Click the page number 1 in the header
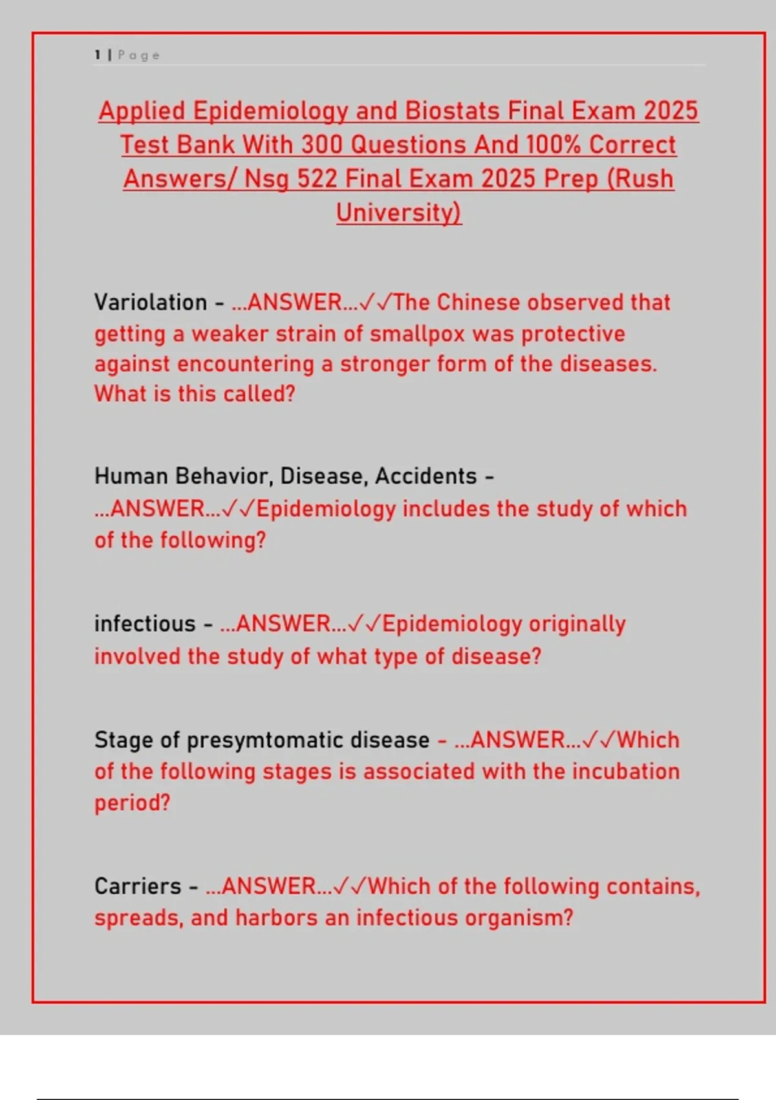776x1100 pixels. coord(98,55)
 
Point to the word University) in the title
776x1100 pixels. coord(399,212)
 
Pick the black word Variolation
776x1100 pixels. coord(151,302)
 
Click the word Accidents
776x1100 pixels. coord(426,476)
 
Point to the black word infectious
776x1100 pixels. coord(145,624)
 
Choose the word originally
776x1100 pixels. coord(577,624)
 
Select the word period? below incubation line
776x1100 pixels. coord(133,803)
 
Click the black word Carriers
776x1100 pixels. coord(138,886)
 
